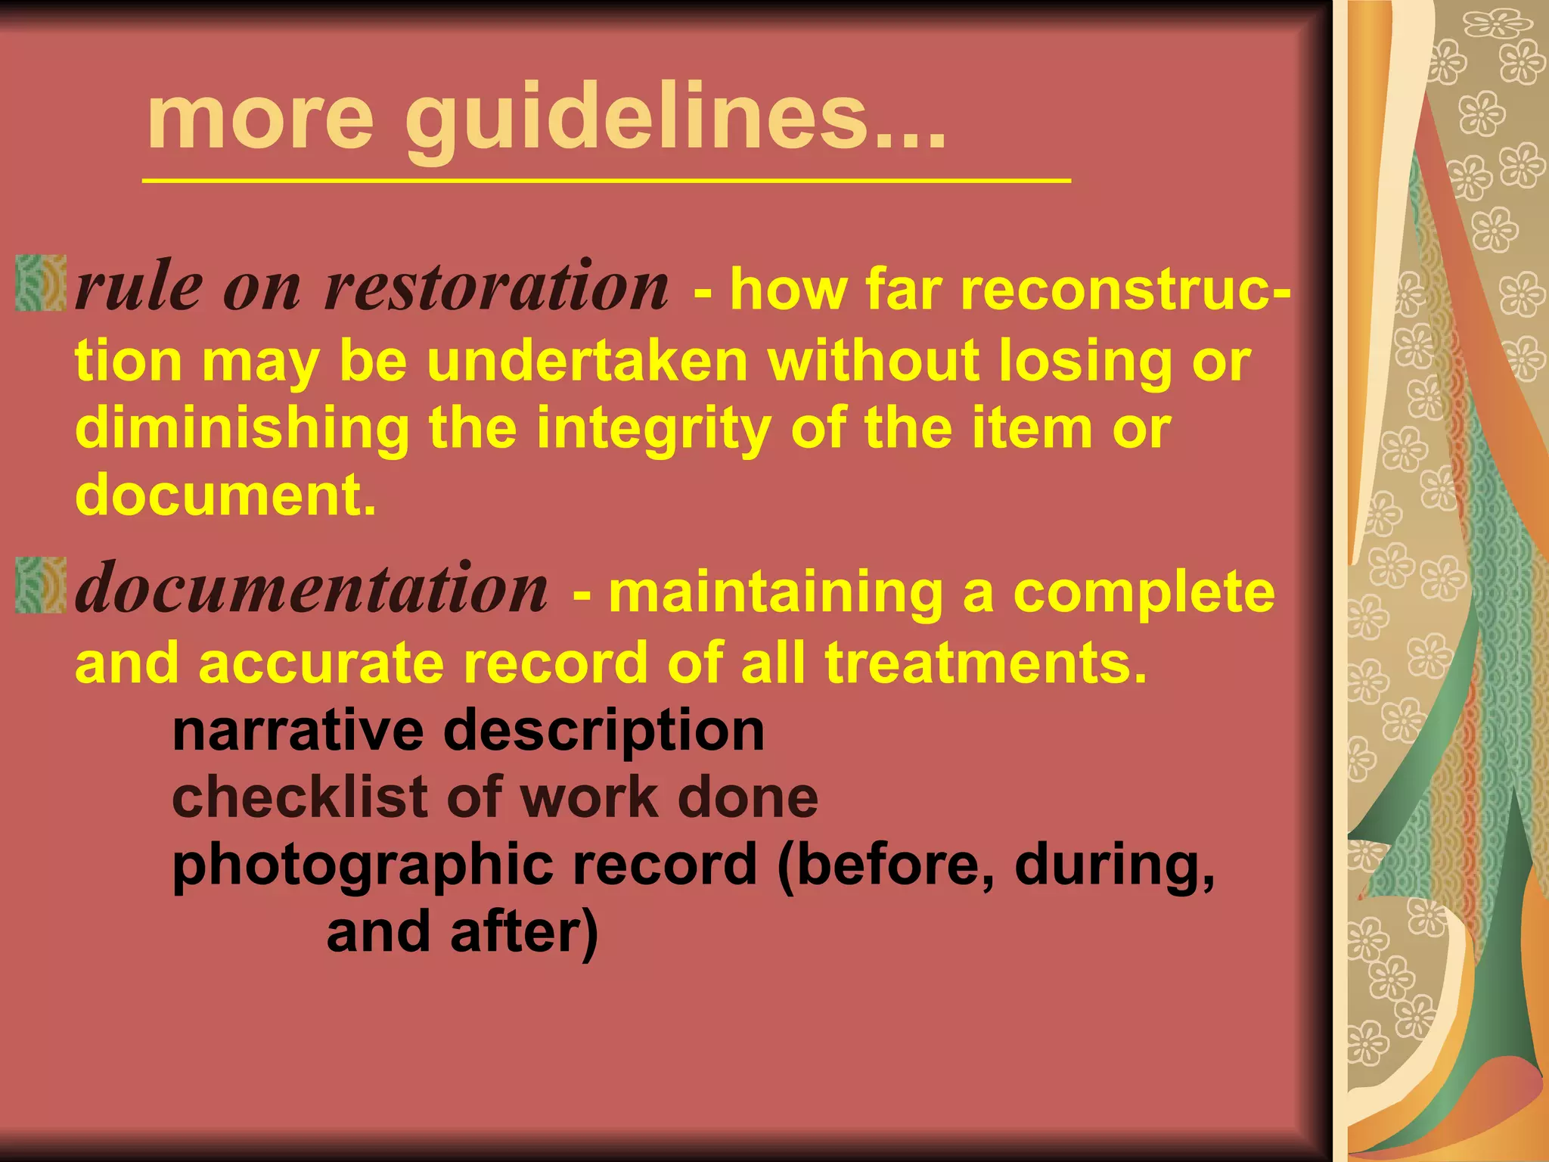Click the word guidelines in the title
point(673,121)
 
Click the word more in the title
point(261,121)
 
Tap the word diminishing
point(242,428)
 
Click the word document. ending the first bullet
point(225,495)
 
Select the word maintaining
point(775,592)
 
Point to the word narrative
point(297,731)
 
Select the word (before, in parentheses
point(886,865)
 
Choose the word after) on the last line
point(524,932)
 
